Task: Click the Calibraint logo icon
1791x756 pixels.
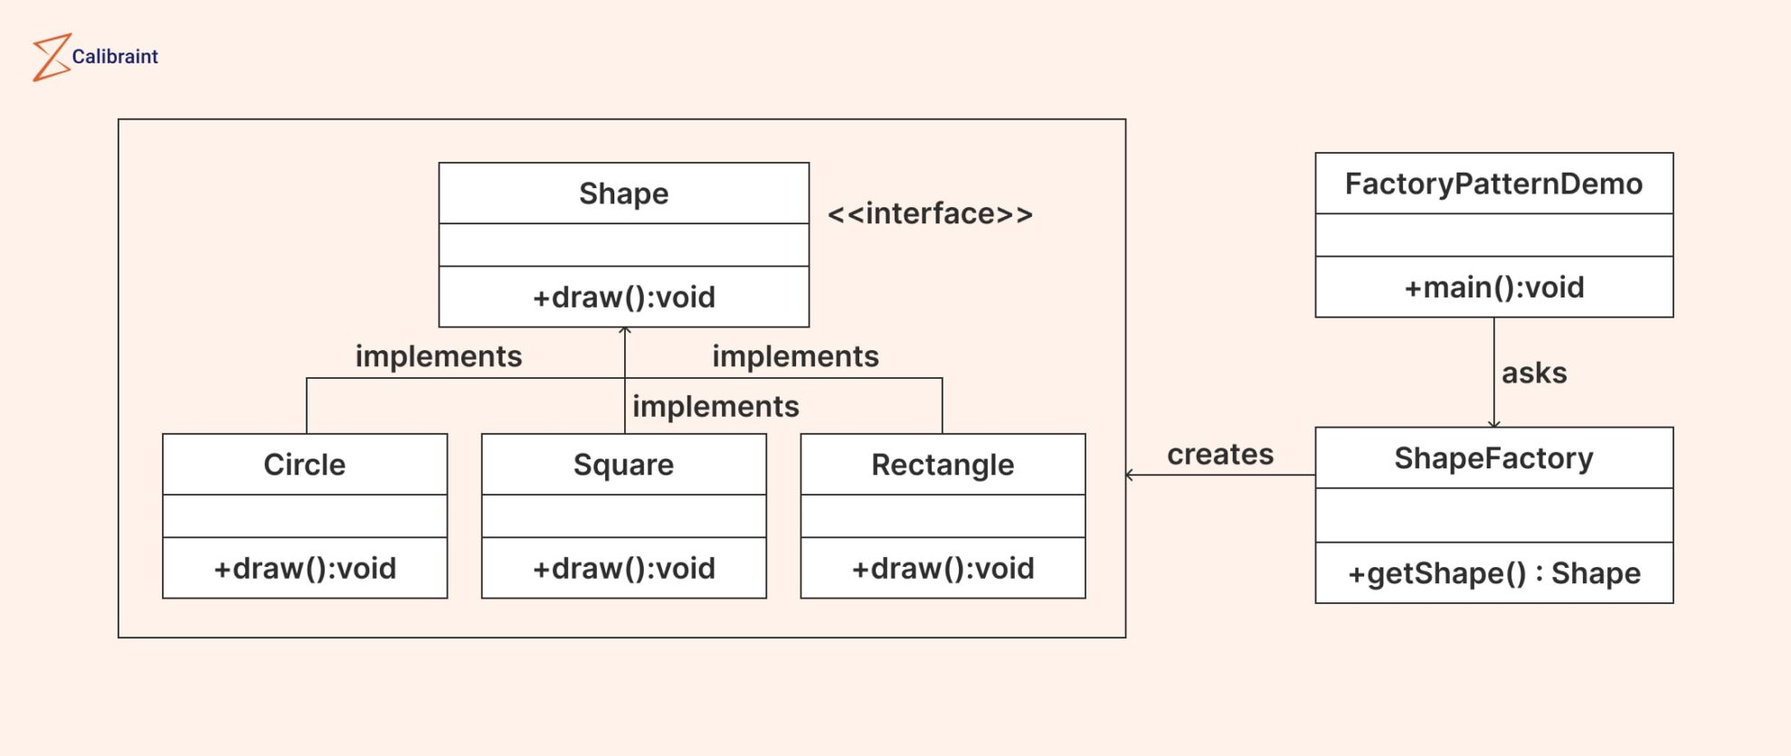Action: pos(52,57)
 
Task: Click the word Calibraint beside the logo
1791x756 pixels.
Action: pos(115,57)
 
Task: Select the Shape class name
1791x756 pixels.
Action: pos(623,194)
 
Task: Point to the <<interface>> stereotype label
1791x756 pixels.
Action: pos(930,214)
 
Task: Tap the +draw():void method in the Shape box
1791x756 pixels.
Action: pos(623,298)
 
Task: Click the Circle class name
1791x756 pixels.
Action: pos(305,465)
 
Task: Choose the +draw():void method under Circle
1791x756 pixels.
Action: pos(305,569)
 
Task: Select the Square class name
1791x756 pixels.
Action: pos(623,465)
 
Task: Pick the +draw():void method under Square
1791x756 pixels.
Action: pos(623,569)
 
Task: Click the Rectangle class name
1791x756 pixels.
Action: pos(943,465)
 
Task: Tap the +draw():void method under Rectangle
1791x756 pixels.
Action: pos(943,569)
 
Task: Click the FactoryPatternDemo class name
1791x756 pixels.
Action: pos(1493,184)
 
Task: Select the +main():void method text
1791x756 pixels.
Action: pos(1493,288)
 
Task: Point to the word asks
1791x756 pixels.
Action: pos(1534,373)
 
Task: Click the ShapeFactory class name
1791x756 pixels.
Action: pos(1493,458)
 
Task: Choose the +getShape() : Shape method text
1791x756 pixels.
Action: pos(1493,573)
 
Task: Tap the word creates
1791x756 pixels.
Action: pos(1220,454)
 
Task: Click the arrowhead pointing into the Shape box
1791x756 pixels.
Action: pos(625,331)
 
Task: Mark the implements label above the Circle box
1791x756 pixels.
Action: pos(439,356)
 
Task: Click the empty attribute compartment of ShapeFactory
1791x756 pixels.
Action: pos(1493,515)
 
